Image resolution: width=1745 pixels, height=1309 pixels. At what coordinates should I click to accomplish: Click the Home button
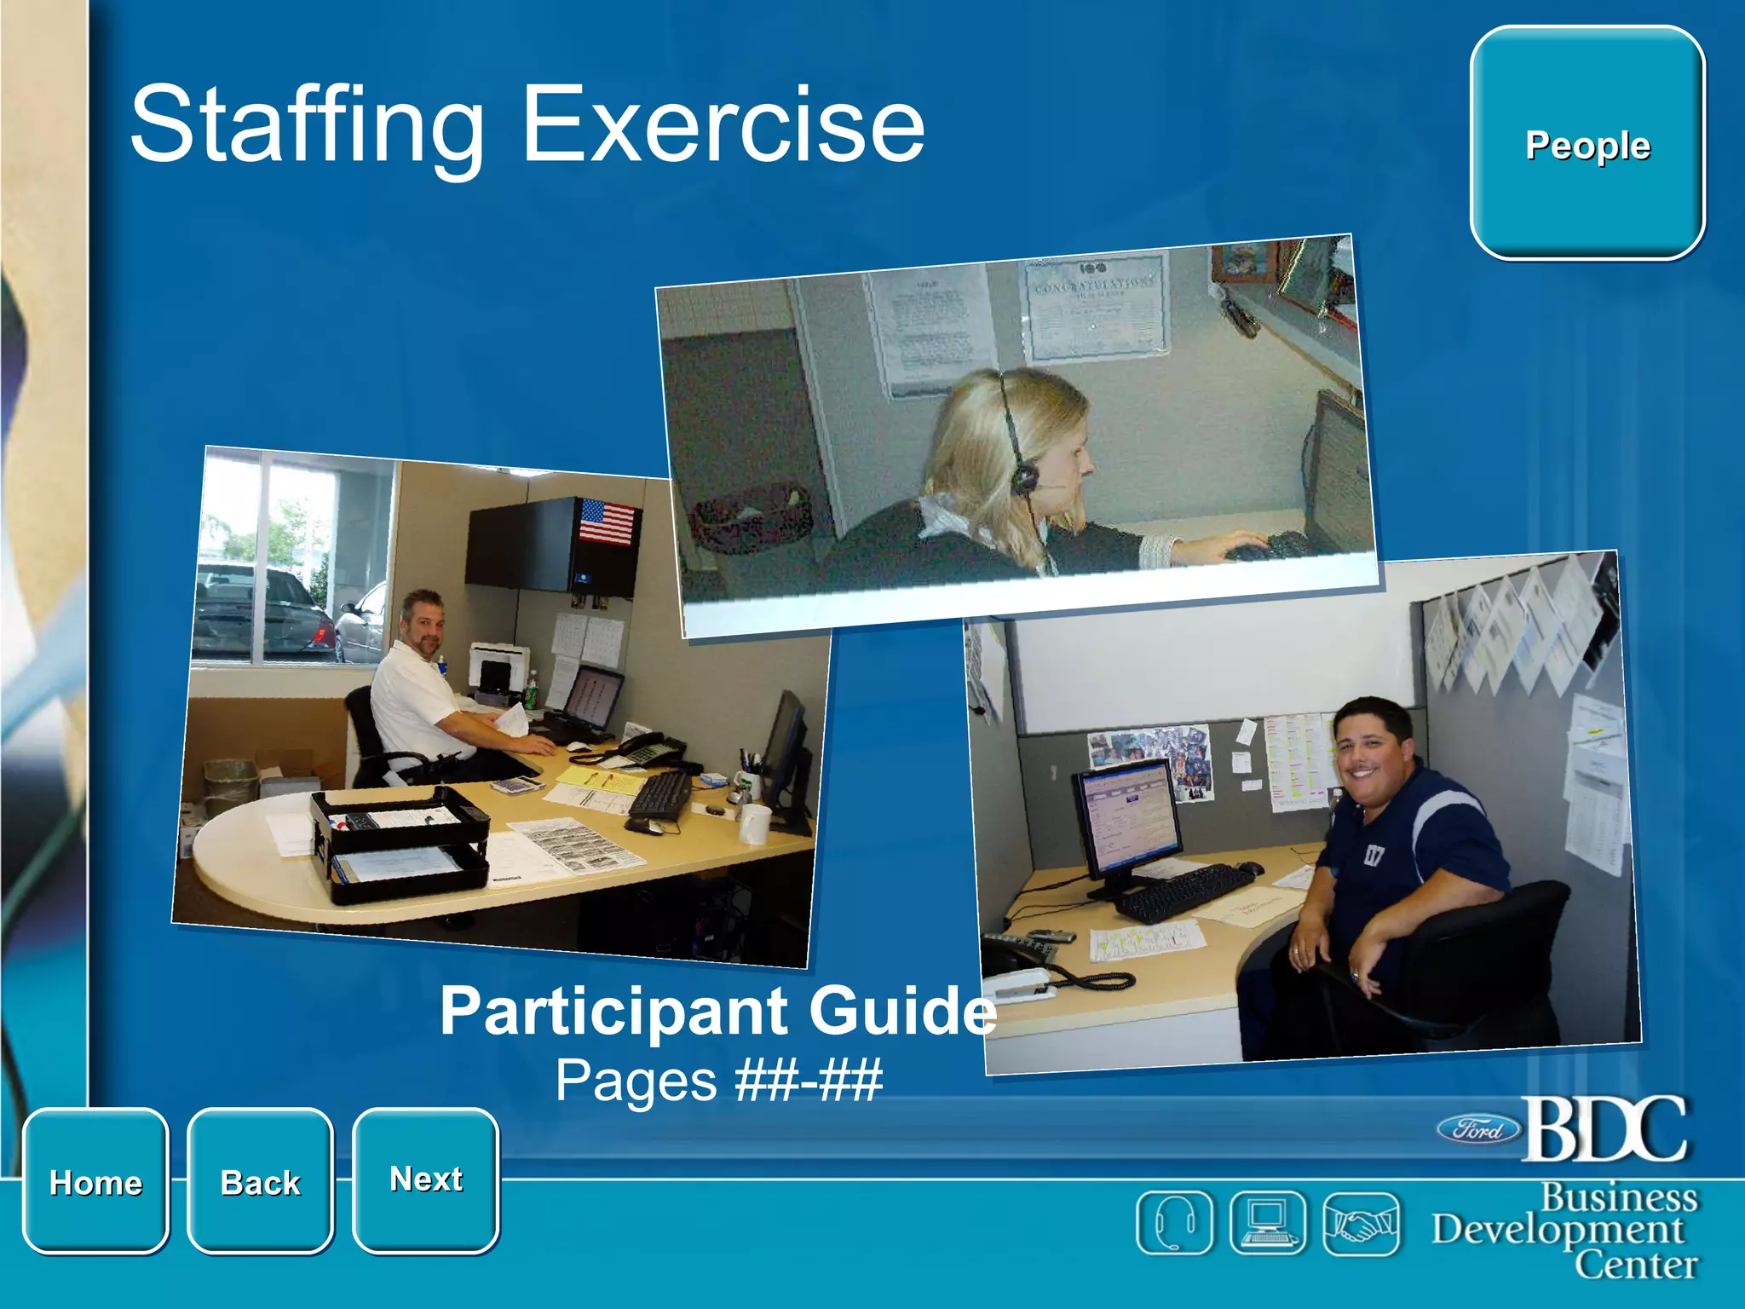click(x=95, y=1182)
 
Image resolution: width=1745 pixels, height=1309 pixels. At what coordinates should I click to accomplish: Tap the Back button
click(x=260, y=1182)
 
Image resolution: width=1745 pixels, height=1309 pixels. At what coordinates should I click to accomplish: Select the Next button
click(x=425, y=1179)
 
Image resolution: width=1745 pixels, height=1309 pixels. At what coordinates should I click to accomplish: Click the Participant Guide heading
click(x=717, y=1011)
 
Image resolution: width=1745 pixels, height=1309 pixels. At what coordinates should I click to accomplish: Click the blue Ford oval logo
click(x=1479, y=1130)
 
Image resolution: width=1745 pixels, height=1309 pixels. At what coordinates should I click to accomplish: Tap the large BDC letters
click(x=1604, y=1128)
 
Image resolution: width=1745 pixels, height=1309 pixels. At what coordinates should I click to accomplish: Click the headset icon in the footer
click(x=1173, y=1223)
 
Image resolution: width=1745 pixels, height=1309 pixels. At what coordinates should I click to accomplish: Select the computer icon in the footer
click(x=1267, y=1223)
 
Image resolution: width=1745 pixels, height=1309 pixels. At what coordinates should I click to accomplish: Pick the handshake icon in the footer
click(x=1361, y=1223)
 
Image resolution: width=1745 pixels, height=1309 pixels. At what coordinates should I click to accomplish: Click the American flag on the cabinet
click(x=607, y=522)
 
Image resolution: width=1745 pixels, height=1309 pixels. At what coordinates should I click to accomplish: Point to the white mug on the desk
click(x=754, y=823)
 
